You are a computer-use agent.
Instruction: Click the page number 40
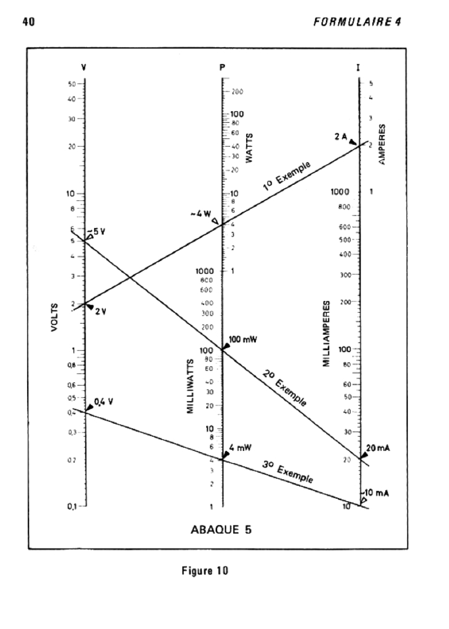pyautogui.click(x=28, y=23)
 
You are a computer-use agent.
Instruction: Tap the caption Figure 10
pyautogui.click(x=205, y=571)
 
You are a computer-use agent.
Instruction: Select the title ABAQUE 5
pyautogui.click(x=221, y=528)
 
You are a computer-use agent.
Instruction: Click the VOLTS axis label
pyautogui.click(x=55, y=316)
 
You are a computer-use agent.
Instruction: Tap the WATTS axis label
pyautogui.click(x=250, y=148)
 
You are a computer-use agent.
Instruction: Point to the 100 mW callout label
pyautogui.click(x=242, y=340)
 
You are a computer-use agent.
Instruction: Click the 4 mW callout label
pyautogui.click(x=240, y=448)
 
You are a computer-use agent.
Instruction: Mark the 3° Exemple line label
pyautogui.click(x=287, y=472)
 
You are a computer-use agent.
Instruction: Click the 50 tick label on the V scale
pyautogui.click(x=72, y=84)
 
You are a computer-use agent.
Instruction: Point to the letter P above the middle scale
pyautogui.click(x=222, y=67)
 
